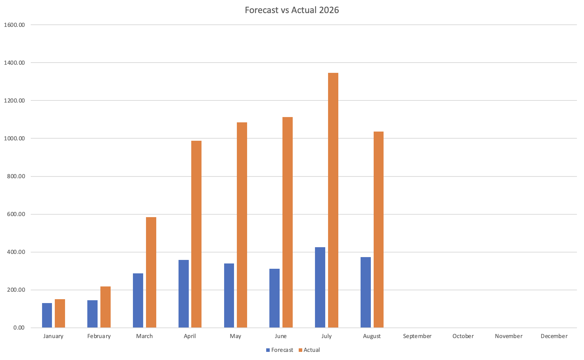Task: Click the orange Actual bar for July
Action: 333,200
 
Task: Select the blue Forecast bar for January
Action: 47,315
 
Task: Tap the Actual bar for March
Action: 151,272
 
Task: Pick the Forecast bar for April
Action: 183,294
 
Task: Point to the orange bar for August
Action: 379,230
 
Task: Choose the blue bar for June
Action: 275,298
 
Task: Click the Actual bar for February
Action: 105,307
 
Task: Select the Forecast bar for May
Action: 229,296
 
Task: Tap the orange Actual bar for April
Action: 196,234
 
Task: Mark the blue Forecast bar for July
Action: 320,287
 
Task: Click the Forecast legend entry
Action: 280,350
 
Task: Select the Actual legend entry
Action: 309,350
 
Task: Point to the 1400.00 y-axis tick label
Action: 14,63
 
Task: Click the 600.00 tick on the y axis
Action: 16,214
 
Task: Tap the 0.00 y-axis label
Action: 19,328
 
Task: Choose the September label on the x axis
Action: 417,336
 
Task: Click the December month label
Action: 554,336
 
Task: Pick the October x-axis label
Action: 463,336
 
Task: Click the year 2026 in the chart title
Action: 329,10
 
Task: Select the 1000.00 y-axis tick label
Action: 14,138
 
